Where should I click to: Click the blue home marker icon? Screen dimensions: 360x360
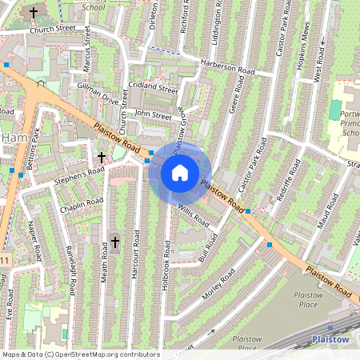[x=180, y=172]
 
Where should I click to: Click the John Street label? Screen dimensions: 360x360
[x=153, y=115]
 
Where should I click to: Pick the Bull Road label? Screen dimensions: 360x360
[x=208, y=246]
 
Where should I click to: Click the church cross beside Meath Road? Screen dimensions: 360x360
[x=114, y=241]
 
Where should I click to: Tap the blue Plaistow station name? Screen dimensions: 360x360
[x=330, y=340]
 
